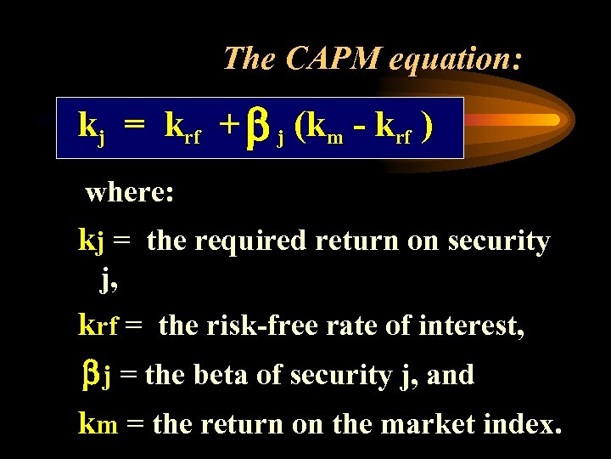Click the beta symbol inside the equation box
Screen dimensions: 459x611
[x=259, y=127]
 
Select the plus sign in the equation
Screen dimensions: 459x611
[x=227, y=126]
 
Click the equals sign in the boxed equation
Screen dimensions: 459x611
[x=133, y=126]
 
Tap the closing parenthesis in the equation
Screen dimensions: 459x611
[x=429, y=126]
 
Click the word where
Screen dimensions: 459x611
[x=130, y=192]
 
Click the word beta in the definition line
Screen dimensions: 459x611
[x=224, y=375]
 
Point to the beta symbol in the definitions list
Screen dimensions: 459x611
[x=91, y=375]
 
